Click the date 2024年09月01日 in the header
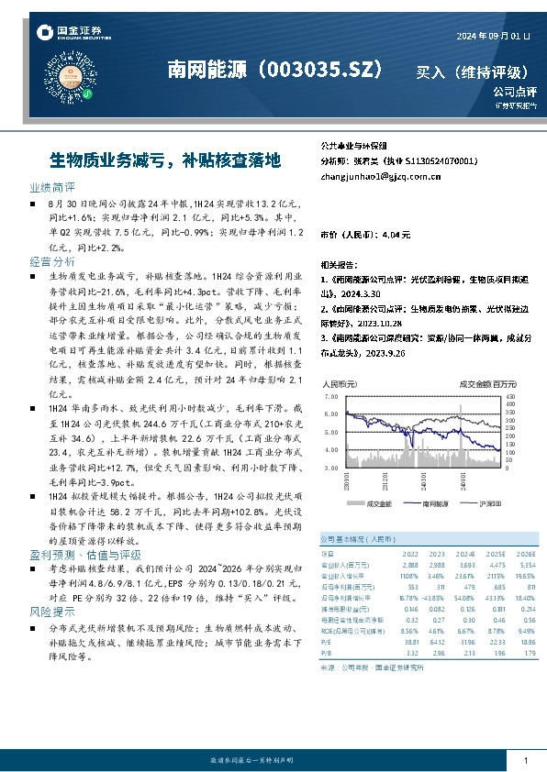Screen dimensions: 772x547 point(493,36)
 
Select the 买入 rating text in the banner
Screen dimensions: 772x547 point(430,72)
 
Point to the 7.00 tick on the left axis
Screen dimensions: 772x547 point(331,396)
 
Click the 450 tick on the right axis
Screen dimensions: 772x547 point(511,396)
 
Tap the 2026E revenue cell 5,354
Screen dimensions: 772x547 point(524,566)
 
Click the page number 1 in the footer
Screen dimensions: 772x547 point(525,760)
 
